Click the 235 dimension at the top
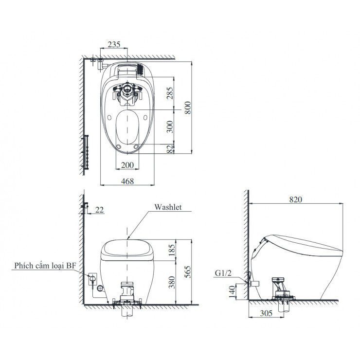(114, 44)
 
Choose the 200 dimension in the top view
(127, 165)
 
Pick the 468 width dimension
(127, 180)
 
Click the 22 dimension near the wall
(99, 210)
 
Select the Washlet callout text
(168, 207)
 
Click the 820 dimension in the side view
(297, 199)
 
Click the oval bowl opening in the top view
(127, 127)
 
